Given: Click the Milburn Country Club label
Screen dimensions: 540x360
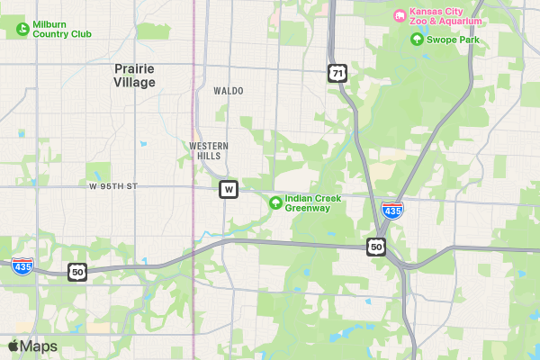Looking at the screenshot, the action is click(62, 29).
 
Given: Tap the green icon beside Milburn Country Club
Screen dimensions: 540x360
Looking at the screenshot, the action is click(22, 29).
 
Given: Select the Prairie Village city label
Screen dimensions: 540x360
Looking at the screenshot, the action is click(135, 75).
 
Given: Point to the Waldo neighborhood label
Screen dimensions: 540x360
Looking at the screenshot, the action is click(229, 91).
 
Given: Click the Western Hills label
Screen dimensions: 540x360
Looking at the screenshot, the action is click(209, 150).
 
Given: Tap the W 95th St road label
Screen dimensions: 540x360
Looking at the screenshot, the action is click(113, 186).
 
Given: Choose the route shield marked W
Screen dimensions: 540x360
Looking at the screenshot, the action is click(229, 189).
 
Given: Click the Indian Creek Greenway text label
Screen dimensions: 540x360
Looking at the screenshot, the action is click(308, 203).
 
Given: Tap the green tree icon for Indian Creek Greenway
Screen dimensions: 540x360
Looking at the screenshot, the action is click(274, 200).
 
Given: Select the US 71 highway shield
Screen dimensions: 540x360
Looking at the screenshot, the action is click(337, 73).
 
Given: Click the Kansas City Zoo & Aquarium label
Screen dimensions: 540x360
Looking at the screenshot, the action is click(446, 16).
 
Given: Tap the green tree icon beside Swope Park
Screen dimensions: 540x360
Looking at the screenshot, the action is click(416, 39).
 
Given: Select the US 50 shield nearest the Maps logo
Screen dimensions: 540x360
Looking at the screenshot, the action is click(77, 271).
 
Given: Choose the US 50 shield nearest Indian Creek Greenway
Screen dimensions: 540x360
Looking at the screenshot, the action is click(376, 246).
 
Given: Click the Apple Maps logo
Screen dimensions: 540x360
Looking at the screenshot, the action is click(32, 346).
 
